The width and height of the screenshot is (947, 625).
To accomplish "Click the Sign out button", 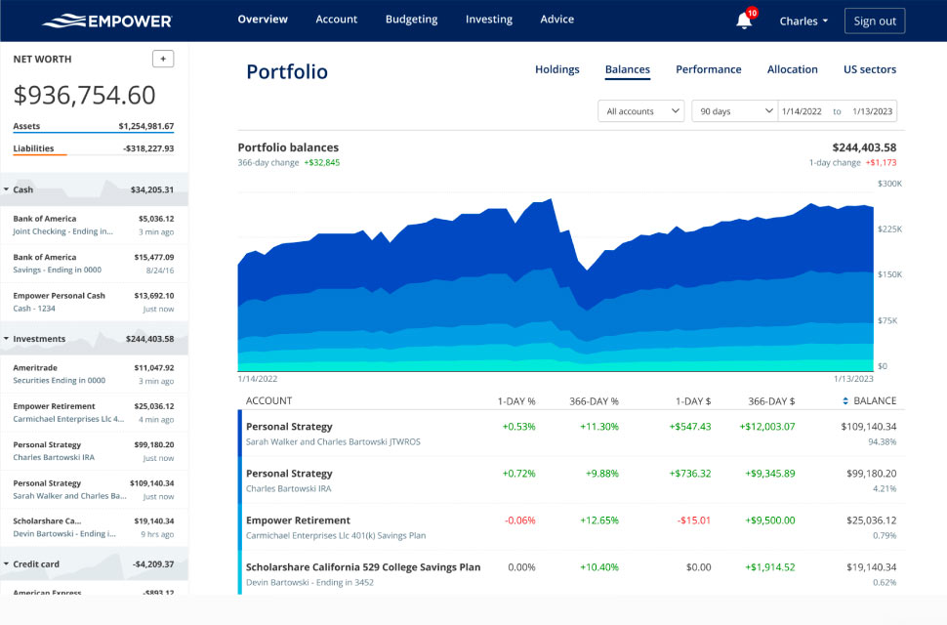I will [x=874, y=21].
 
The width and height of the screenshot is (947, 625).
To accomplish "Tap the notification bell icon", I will [x=744, y=21].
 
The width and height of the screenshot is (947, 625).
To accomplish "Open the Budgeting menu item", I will [x=411, y=20].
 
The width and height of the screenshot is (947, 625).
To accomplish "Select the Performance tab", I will [x=708, y=69].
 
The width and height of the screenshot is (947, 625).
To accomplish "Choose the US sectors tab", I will [x=869, y=69].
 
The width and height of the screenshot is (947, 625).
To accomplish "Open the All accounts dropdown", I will [x=640, y=111].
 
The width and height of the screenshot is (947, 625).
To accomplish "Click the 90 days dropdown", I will [x=734, y=111].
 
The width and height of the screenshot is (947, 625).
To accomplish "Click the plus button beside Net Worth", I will [x=163, y=59].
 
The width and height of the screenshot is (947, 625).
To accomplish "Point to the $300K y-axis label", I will [x=888, y=184].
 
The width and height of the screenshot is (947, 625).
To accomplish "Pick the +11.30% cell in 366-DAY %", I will [x=598, y=427].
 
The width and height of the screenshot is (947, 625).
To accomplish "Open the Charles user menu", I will [x=803, y=21].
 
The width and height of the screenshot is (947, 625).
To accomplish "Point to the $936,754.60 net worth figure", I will [x=84, y=95].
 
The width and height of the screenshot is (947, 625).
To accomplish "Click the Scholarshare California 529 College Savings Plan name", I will [x=363, y=567].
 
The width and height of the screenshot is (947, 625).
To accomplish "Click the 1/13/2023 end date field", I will [x=872, y=111].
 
